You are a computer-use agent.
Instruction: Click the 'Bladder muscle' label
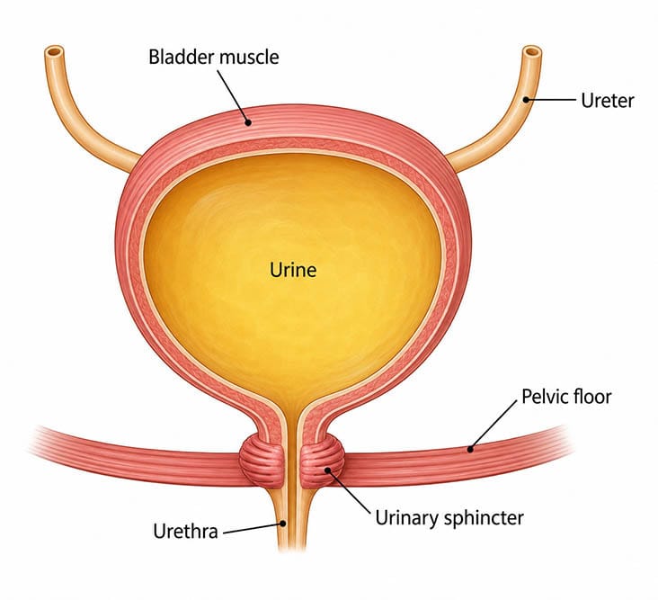pos(214,57)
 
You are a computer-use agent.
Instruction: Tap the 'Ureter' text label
pos(608,101)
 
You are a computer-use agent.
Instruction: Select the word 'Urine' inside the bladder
pos(293,270)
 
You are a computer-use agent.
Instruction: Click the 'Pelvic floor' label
pos(566,397)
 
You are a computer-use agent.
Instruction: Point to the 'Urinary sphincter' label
pos(449,518)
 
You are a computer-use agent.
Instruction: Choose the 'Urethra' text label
pos(185,532)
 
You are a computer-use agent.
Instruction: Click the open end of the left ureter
pos(54,52)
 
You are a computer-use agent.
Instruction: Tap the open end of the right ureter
pos(531,52)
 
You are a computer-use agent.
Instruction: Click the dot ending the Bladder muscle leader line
pos(248,122)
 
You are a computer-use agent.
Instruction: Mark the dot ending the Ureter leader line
pos(526,100)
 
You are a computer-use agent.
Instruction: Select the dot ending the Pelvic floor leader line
pos(470,449)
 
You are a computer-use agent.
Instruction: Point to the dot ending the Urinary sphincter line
pos(328,470)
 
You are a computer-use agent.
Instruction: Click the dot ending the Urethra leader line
pos(283,524)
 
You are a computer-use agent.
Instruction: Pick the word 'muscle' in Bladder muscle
pos(247,57)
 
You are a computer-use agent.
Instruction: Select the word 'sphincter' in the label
pos(484,518)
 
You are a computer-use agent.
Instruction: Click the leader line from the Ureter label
pos(551,100)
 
